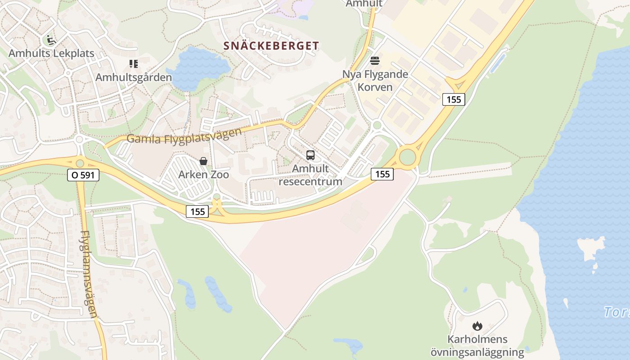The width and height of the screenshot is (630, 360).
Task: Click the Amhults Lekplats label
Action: click(x=51, y=53)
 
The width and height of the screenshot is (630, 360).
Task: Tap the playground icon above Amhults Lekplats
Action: click(x=50, y=40)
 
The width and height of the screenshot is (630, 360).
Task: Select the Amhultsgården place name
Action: click(x=134, y=77)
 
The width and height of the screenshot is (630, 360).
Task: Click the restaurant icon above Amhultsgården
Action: click(x=133, y=64)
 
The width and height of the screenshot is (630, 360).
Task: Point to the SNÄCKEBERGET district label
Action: click(x=271, y=45)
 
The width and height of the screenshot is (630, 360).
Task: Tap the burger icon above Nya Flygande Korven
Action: click(x=375, y=61)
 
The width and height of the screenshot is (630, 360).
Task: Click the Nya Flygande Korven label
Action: click(x=375, y=81)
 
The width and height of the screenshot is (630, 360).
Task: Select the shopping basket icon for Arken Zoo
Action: click(x=203, y=161)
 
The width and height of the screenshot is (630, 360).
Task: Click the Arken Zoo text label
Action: click(x=203, y=175)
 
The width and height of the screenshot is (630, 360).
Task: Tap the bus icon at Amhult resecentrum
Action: click(x=310, y=155)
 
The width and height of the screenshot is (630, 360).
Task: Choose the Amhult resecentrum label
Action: click(x=310, y=175)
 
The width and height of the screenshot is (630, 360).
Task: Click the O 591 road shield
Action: click(x=83, y=175)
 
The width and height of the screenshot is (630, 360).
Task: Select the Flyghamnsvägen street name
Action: click(x=89, y=274)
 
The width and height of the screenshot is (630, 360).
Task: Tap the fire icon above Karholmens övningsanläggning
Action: click(x=477, y=326)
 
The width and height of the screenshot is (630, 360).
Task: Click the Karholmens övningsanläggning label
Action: click(x=477, y=346)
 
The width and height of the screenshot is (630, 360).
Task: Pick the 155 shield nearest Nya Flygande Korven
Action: click(x=453, y=99)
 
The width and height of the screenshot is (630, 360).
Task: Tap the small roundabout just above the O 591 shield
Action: click(x=80, y=163)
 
